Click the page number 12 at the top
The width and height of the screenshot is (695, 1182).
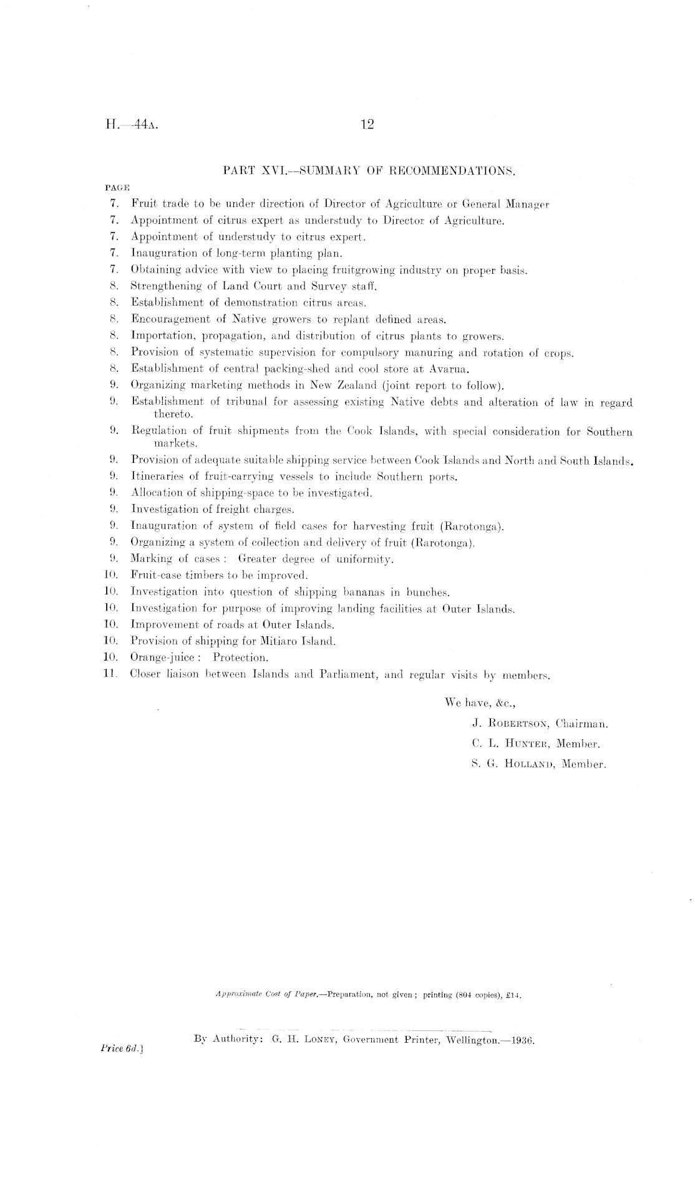coord(366,125)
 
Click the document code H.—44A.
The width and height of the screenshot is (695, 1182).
coord(130,125)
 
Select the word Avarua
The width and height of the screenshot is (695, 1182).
coord(452,369)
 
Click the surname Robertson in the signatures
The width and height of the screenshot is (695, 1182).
coord(518,724)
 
